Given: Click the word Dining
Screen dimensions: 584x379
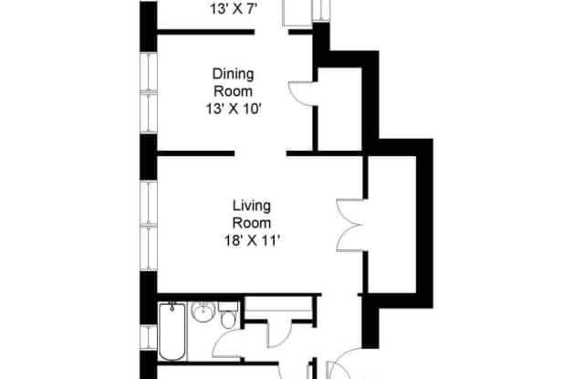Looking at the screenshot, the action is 234,74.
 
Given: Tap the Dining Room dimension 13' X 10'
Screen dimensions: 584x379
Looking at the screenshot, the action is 234,110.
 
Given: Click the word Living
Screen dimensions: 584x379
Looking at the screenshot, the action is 252,205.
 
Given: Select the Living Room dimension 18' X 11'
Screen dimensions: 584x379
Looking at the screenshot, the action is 252,241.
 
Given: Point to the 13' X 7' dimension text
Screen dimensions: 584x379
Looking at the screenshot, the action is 234,9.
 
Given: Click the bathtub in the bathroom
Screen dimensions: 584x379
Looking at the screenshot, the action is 172,332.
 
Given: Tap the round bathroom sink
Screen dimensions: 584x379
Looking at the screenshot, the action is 203,311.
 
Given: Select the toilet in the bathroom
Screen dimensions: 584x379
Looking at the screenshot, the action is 228,316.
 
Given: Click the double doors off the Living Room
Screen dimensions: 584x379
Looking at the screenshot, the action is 350,226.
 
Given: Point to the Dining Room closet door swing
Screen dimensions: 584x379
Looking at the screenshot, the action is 302,94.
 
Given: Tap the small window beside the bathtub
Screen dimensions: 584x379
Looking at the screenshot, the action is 148,337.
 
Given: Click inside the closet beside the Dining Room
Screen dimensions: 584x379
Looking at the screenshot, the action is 339,109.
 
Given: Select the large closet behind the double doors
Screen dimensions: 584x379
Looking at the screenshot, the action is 391,225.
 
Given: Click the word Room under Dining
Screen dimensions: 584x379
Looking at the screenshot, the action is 234,91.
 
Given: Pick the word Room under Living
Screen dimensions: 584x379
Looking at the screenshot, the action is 252,223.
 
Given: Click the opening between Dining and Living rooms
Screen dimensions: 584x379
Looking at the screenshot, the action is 260,153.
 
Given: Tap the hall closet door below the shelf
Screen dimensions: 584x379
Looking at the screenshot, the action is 280,334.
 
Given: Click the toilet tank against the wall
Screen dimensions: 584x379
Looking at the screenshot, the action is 228,307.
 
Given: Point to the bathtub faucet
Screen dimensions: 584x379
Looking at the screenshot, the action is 172,307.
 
